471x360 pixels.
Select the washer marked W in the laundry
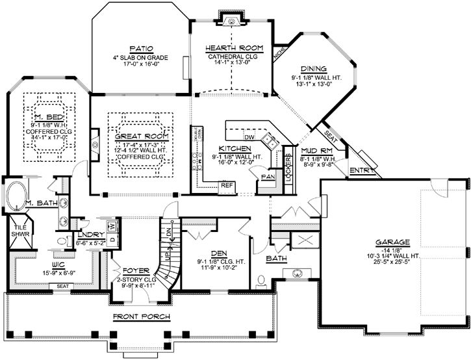(112, 227)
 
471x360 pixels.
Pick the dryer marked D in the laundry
(112, 239)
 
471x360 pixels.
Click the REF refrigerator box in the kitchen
(227, 185)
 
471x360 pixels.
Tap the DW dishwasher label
(248, 137)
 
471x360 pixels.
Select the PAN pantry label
(265, 177)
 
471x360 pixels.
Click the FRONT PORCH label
(142, 317)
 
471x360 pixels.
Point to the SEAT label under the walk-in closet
(63, 286)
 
